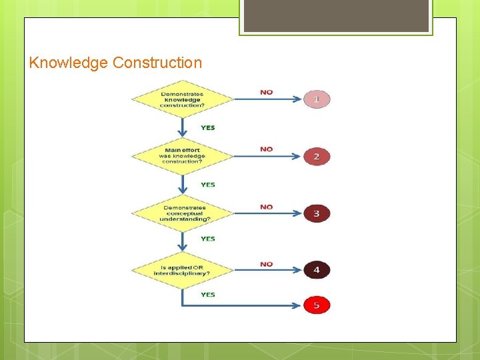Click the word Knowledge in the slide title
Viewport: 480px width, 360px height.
coord(69,63)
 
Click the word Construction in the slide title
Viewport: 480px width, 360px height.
coord(157,63)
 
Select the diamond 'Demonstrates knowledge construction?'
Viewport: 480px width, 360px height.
coord(182,99)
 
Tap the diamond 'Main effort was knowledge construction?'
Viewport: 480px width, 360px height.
coord(182,157)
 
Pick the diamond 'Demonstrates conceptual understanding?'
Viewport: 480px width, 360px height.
coord(182,213)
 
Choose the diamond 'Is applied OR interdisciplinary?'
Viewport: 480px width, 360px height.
coord(182,270)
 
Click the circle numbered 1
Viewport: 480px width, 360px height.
coord(317,99)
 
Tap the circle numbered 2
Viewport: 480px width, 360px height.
coord(317,157)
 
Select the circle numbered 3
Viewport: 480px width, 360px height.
coord(317,213)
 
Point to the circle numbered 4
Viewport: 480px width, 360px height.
coord(317,270)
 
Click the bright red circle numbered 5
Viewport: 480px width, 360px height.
coord(317,305)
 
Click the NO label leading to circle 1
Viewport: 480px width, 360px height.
coord(267,92)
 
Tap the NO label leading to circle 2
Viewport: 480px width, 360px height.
coord(267,149)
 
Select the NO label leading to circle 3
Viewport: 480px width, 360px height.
coord(267,207)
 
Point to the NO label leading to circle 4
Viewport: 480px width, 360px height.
coord(267,264)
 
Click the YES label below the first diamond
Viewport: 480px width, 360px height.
coord(208,127)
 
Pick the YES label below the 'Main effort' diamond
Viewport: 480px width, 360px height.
coord(208,185)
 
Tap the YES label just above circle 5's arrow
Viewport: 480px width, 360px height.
coord(208,294)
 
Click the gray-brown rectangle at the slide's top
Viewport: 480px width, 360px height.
coord(336,15)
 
